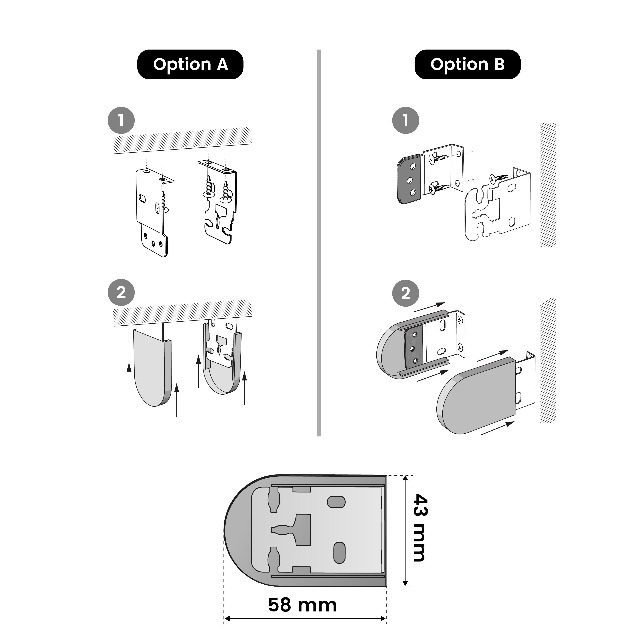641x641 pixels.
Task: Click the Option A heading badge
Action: (190, 64)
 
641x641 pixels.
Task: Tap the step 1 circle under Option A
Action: (121, 120)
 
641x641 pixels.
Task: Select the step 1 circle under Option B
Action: (405, 120)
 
